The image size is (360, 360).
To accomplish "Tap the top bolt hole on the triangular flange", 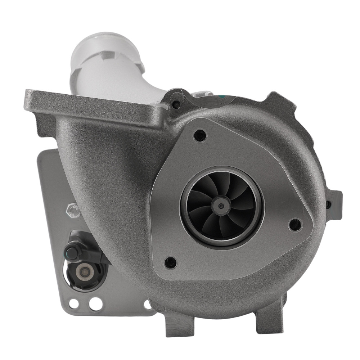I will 200,136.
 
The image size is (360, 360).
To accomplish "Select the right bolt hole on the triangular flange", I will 295,225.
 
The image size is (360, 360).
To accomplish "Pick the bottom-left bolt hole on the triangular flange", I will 170,262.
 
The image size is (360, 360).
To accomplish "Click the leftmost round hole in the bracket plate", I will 73,303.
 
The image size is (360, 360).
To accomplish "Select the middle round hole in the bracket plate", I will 95,303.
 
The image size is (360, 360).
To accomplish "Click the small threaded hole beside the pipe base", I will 176,105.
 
